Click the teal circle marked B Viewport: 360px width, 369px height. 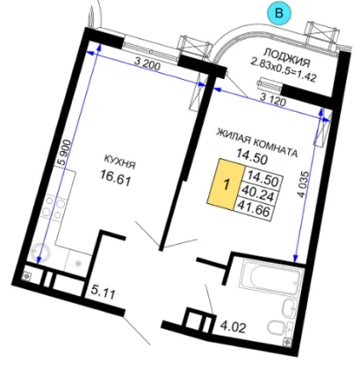tap(279, 13)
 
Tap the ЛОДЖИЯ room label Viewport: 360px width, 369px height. tap(287, 58)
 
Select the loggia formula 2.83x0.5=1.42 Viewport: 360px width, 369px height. tap(284, 70)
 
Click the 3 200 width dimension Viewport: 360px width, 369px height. tap(148, 65)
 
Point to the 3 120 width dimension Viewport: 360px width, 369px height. tap(273, 100)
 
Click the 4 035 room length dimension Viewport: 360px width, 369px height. tap(305, 185)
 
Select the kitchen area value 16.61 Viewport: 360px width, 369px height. tap(115, 177)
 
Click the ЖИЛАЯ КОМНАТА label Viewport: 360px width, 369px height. tap(257, 144)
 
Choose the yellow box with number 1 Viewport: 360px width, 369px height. tap(226, 184)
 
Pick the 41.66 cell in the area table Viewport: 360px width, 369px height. tap(254, 209)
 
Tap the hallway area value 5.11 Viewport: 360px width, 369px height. tap(103, 293)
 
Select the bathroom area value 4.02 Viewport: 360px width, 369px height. tap(234, 327)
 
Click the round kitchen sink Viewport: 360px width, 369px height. tap(38, 253)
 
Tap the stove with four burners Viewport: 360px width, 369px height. tap(53, 207)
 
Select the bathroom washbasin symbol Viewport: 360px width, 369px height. tap(291, 308)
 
